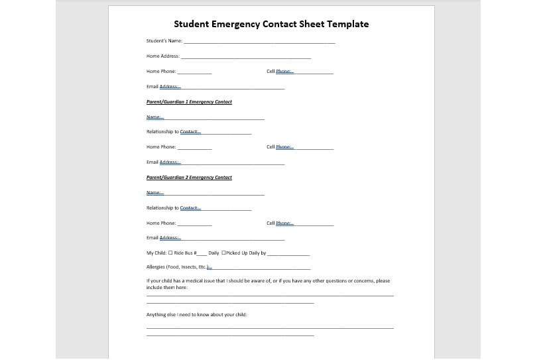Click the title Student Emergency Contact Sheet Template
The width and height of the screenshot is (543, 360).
pos(271,24)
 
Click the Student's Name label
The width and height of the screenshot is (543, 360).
pos(164,41)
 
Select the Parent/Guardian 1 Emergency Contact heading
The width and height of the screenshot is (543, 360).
pos(189,102)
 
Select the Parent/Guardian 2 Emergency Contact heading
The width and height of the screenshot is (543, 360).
pos(189,178)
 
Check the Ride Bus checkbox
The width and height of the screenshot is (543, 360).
pos(170,253)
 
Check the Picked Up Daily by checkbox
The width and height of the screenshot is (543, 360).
pos(223,253)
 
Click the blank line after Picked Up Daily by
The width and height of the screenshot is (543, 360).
pos(288,255)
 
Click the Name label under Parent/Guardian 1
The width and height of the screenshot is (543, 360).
pos(154,117)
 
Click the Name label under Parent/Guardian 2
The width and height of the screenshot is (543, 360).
pos(154,193)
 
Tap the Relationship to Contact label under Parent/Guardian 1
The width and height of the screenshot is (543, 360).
pos(173,132)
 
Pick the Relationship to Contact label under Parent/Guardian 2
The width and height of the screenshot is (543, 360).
pos(173,208)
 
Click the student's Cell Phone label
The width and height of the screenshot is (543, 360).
pos(280,72)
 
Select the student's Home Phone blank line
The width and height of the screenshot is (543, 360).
pos(194,73)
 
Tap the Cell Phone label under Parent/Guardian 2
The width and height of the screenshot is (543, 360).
pos(280,223)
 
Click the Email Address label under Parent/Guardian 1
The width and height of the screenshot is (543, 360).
pos(163,162)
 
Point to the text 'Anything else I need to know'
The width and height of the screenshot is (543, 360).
pos(196,315)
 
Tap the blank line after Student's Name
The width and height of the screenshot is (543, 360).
pos(259,42)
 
